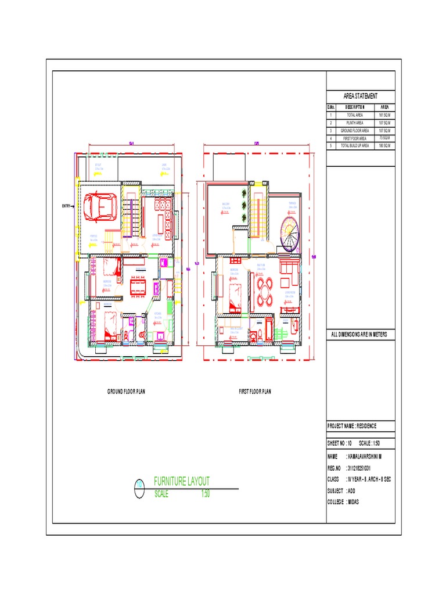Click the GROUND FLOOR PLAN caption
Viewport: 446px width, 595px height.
(126, 392)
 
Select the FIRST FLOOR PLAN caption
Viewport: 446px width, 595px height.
(255, 392)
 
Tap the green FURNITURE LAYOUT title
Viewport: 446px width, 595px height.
(181, 481)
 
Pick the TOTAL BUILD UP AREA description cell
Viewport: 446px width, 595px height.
(355, 146)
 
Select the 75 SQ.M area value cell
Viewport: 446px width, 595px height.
(384, 138)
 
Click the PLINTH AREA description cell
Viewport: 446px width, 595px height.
(355, 123)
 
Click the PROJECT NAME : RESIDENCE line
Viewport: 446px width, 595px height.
(353, 426)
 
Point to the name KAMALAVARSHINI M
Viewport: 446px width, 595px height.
(368, 457)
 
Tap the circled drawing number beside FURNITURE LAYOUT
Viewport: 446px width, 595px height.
(139, 487)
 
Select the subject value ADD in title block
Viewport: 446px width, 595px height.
(351, 490)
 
